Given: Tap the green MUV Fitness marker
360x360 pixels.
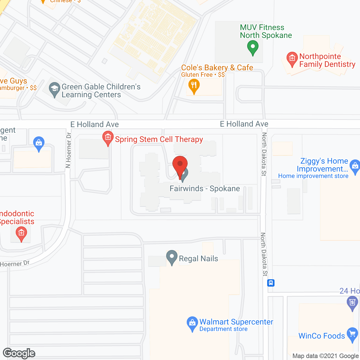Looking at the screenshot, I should (x=253, y=47).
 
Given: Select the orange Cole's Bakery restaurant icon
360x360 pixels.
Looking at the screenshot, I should (x=194, y=85).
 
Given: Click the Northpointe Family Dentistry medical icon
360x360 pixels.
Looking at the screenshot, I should (x=292, y=58).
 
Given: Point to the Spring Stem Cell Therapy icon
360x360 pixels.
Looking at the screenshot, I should (x=108, y=138).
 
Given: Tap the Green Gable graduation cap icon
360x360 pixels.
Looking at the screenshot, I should (x=54, y=89).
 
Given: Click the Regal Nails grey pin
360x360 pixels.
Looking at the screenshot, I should (x=172, y=257).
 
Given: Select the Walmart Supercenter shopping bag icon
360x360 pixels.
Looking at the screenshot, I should (x=192, y=323).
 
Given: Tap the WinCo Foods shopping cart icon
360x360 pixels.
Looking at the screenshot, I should (x=352, y=334).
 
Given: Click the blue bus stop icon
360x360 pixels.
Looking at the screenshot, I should (x=271, y=283).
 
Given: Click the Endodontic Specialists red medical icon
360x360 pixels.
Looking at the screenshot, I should (x=21, y=233).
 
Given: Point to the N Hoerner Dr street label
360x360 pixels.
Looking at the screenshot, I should (x=68, y=150).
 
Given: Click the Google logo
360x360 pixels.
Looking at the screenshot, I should (x=19, y=353).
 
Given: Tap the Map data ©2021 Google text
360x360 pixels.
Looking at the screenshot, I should (x=326, y=356).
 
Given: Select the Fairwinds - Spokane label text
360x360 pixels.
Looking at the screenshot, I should (x=205, y=188).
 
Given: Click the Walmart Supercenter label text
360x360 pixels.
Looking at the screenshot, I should (x=236, y=322).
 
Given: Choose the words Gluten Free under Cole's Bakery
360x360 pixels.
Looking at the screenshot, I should (x=197, y=75).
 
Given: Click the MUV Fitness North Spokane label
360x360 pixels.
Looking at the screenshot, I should (x=266, y=31).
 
